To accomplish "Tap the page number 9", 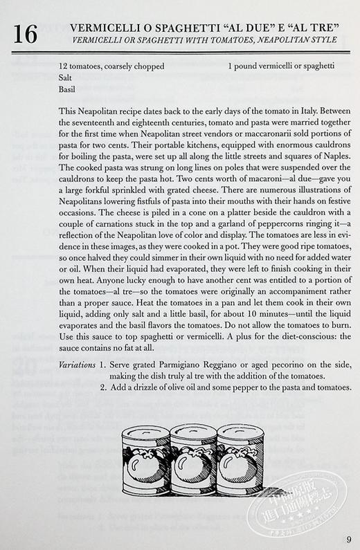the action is (348, 540).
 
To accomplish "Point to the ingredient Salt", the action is (67, 78).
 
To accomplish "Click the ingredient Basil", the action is (69, 89).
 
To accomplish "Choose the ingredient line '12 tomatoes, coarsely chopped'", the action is (112, 67).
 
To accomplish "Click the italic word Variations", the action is (78, 364).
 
